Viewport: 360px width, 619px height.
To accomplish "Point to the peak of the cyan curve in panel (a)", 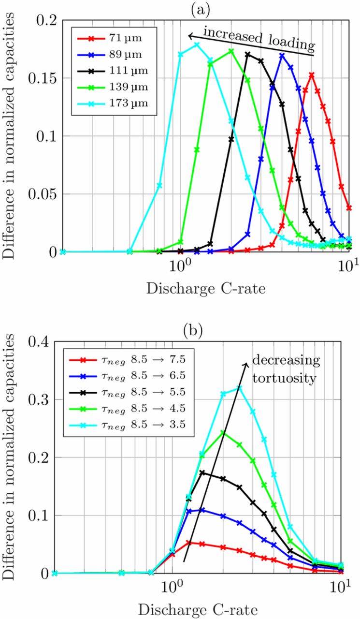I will click(197, 45).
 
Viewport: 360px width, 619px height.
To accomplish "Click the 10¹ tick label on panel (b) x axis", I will click(342, 588).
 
